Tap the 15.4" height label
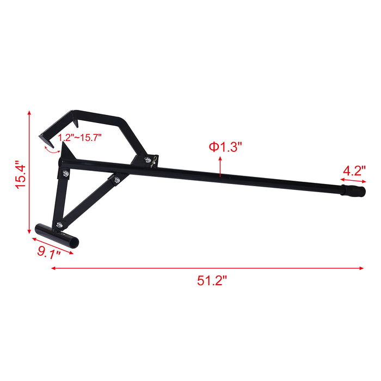coord(20,174)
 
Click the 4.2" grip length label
coord(354,170)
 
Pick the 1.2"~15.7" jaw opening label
coord(77,139)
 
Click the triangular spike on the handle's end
coord(64,150)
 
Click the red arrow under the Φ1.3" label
coord(220,167)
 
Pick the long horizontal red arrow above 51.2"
coord(207,268)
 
